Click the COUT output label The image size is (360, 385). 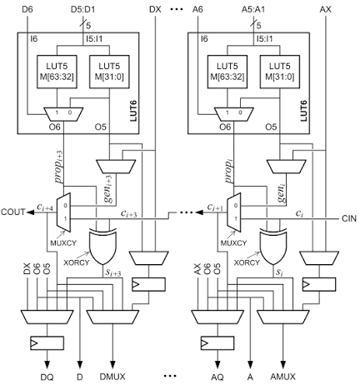click(12, 212)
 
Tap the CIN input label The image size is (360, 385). click(349, 218)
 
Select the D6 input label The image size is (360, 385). click(27, 9)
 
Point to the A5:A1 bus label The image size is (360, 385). click(253, 9)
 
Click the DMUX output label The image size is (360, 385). click(112, 377)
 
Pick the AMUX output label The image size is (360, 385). click(283, 377)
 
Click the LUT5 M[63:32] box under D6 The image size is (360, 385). click(57, 72)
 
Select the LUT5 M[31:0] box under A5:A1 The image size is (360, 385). click(280, 72)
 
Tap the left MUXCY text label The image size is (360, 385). click(63, 243)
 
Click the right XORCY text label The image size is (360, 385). click(247, 262)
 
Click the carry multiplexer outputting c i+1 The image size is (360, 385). click(234, 212)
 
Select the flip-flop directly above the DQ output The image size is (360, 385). click(47, 343)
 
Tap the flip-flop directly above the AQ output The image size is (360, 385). click(217, 343)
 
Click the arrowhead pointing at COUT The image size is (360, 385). click(30, 212)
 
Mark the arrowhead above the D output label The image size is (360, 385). click(80, 364)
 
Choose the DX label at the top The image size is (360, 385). click(155, 9)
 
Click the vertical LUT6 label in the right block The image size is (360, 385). click(304, 111)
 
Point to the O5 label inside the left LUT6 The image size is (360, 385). click(101, 127)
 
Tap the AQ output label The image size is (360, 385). click(217, 377)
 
